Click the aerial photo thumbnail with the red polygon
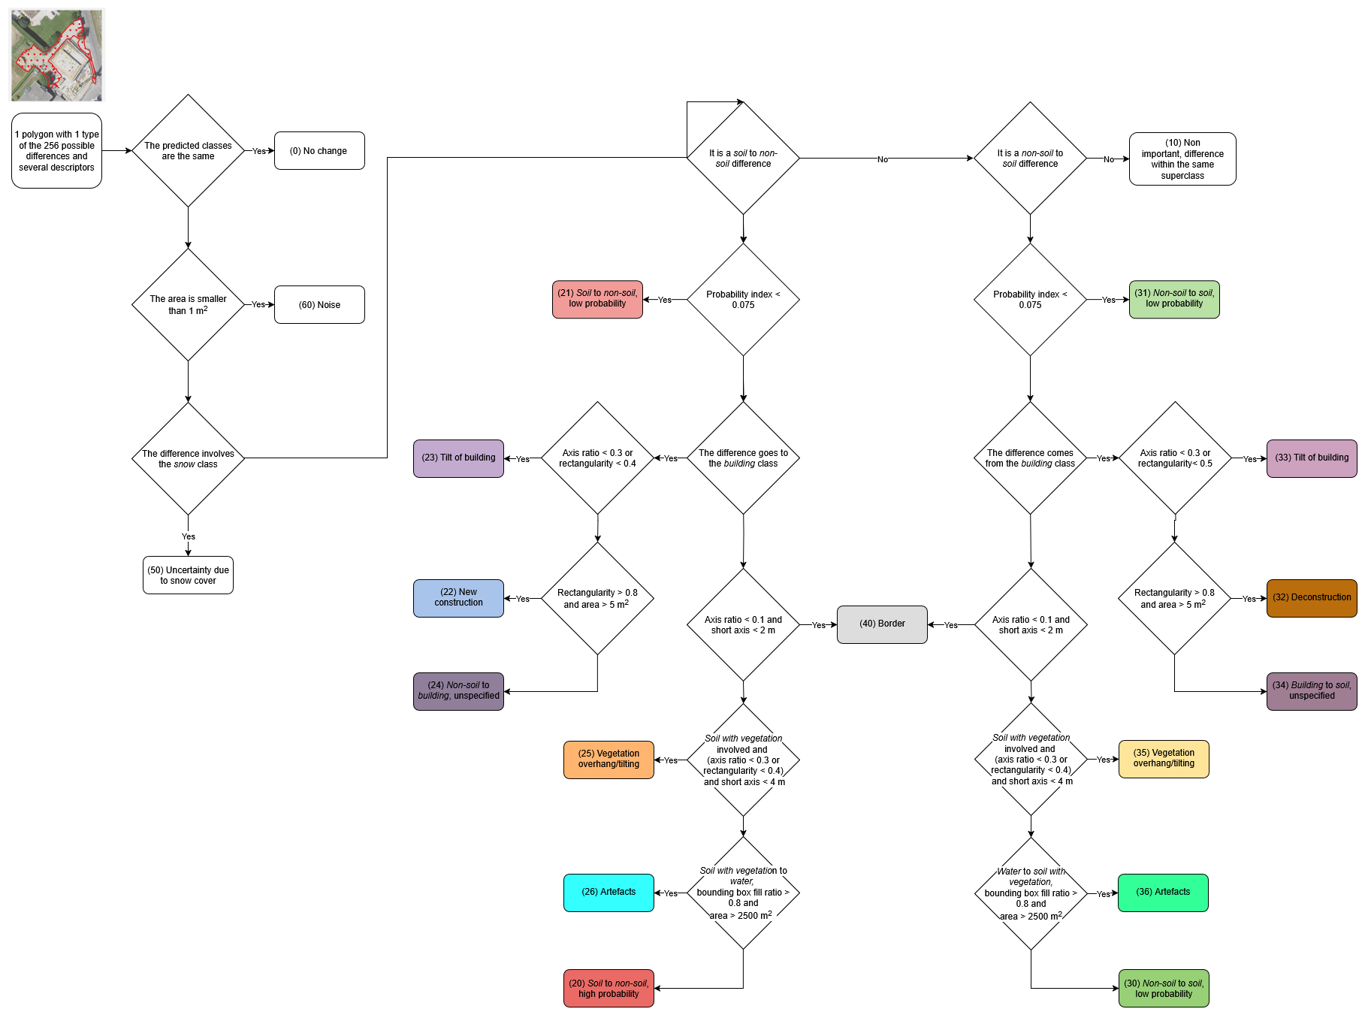[57, 56]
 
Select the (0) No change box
[319, 151]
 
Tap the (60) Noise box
[319, 305]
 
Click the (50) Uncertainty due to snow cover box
[188, 575]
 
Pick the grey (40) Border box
[882, 624]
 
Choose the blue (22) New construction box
[458, 598]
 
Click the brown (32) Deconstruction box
[1311, 598]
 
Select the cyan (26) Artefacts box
[609, 893]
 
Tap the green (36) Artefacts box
[1163, 893]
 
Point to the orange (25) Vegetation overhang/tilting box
[609, 760]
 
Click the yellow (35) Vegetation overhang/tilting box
[1163, 759]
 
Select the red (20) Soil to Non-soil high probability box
[609, 989]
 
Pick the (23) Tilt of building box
[458, 458]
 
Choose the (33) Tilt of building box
[1311, 458]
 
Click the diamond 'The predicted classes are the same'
[188, 151]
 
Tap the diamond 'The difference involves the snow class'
[188, 458]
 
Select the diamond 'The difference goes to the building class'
[743, 458]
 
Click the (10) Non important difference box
[1182, 159]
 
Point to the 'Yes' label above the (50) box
[188, 536]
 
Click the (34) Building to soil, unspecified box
[1311, 691]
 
